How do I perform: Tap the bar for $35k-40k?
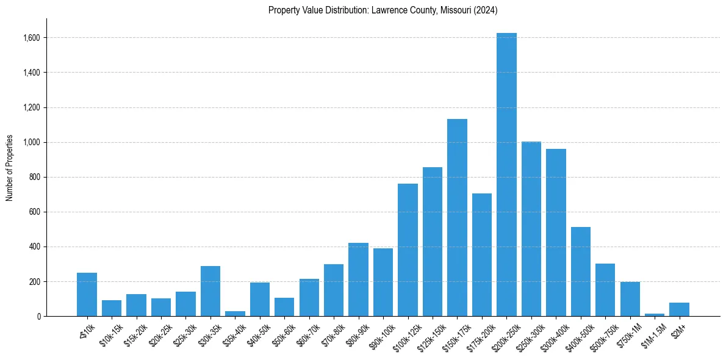click(x=235, y=314)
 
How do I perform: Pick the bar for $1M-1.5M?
click(x=655, y=315)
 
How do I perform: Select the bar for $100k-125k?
click(x=408, y=250)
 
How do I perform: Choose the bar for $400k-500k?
click(x=581, y=272)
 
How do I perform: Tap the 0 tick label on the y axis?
click(x=38, y=316)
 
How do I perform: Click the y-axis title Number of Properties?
click(x=10, y=168)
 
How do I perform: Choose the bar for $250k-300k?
click(x=531, y=229)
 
